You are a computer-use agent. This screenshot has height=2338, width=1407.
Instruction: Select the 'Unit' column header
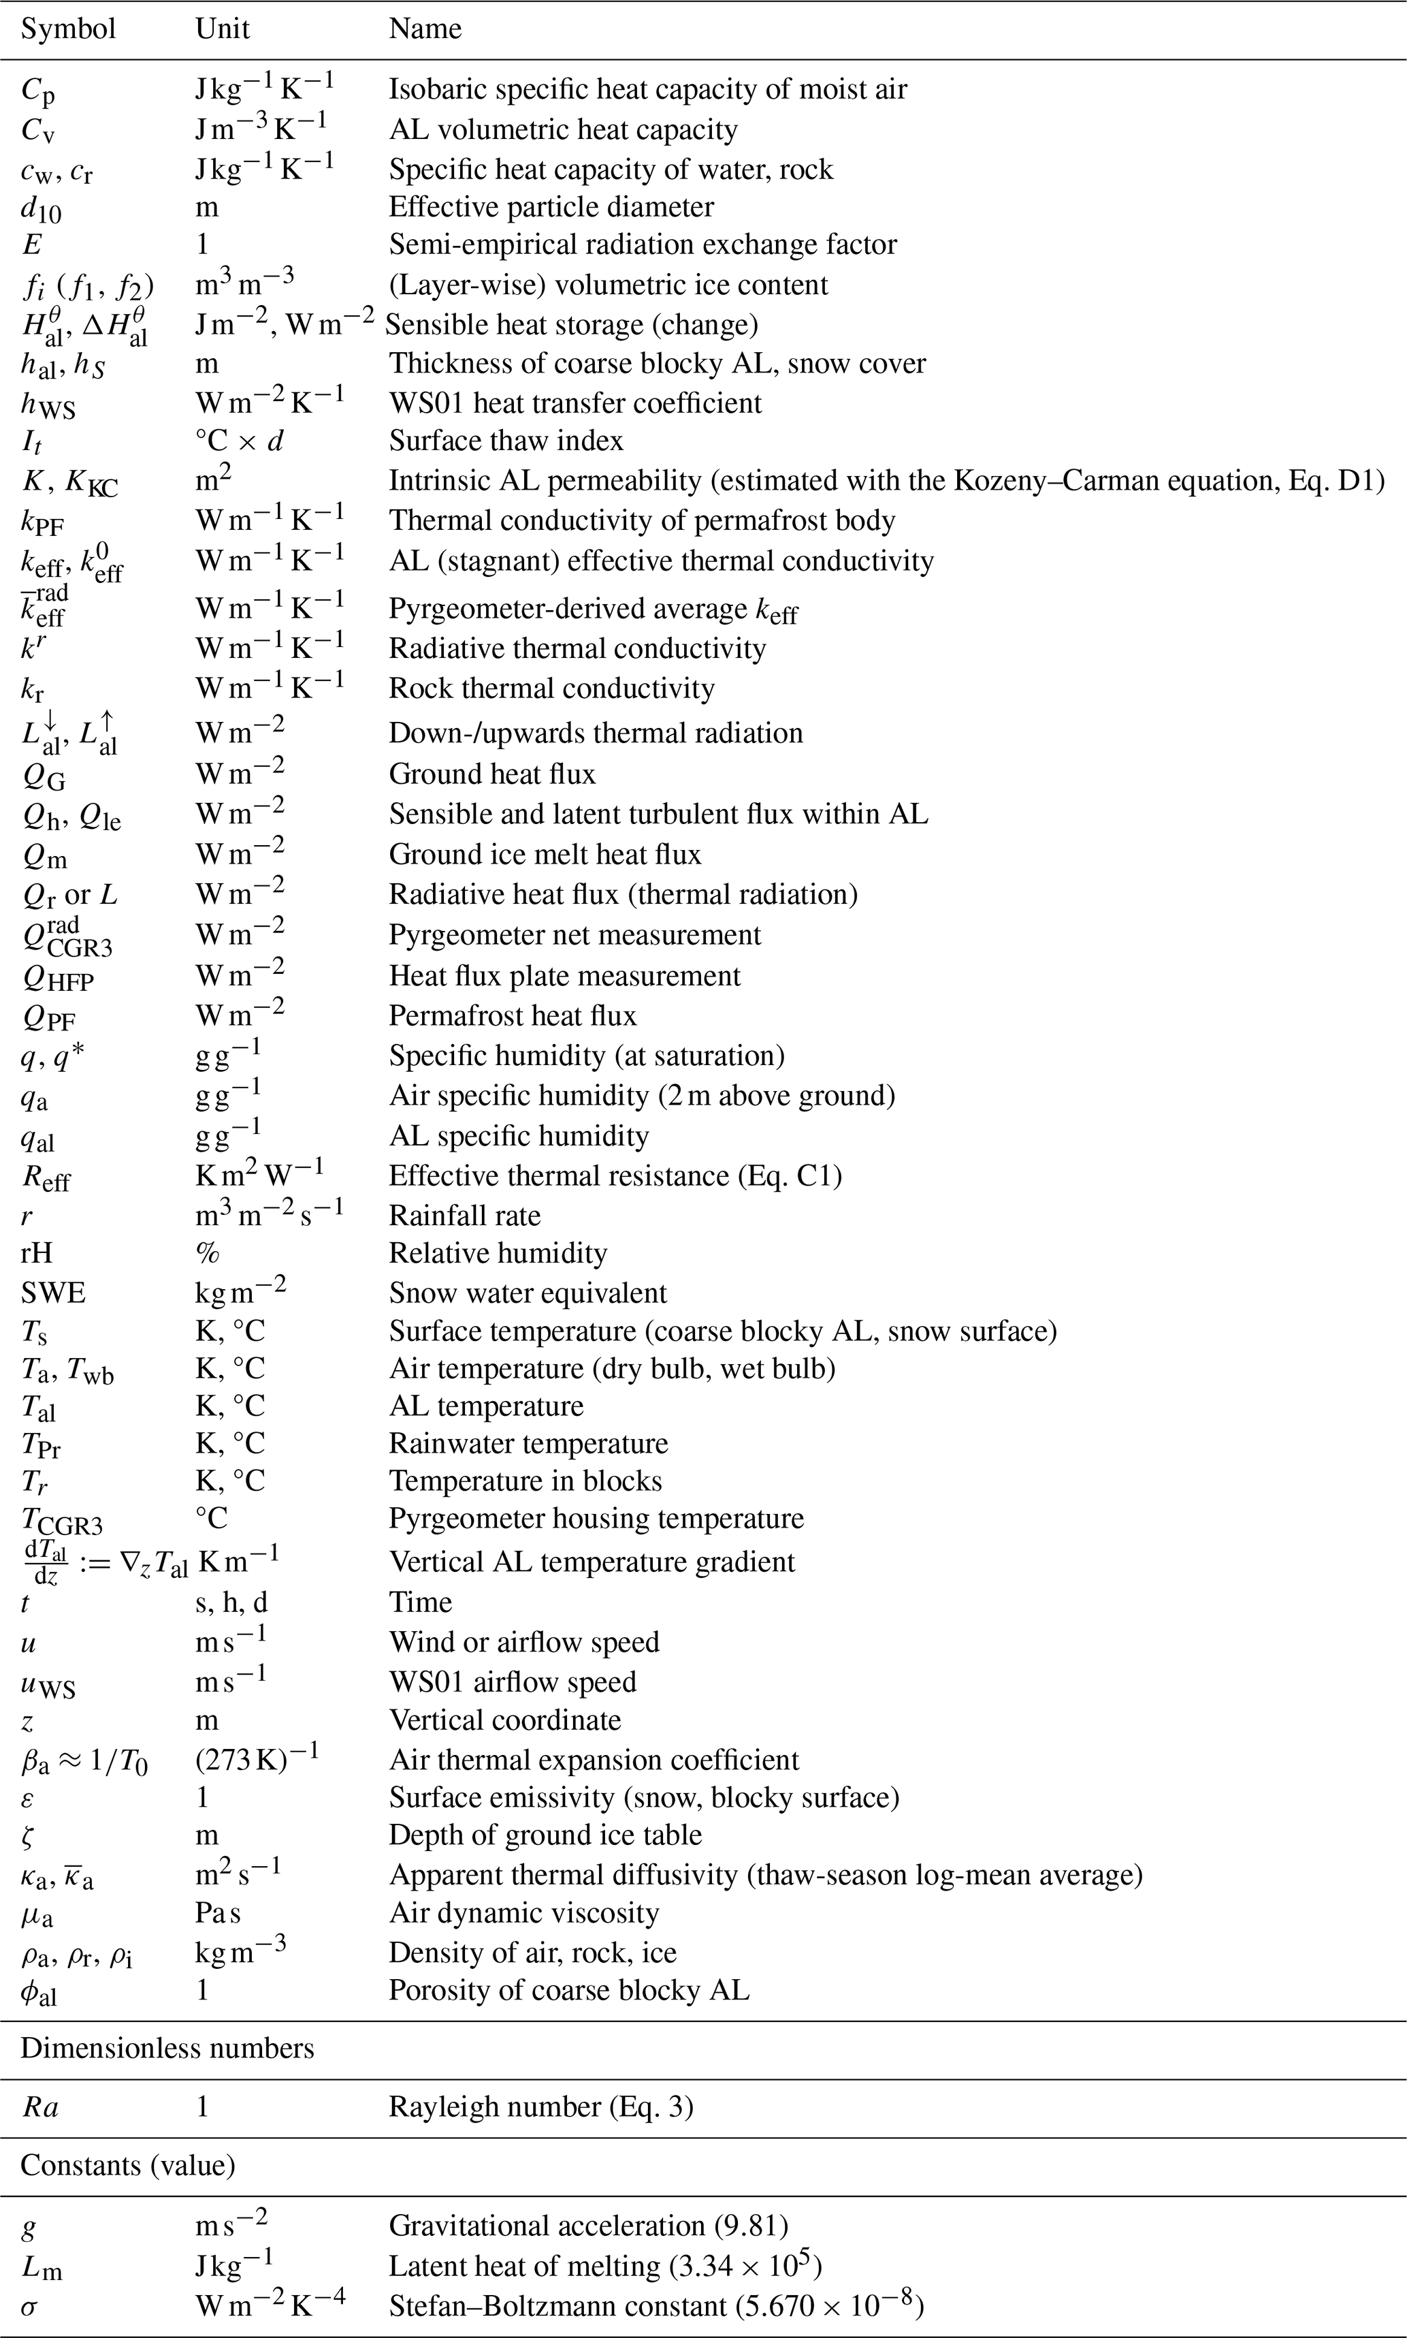pyautogui.click(x=222, y=29)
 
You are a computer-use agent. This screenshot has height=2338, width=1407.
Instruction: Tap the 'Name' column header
pyautogui.click(x=425, y=29)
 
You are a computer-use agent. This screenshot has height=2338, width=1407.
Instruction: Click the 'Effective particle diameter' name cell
pyautogui.click(x=551, y=207)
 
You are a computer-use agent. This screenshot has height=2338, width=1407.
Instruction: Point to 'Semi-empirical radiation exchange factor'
pyautogui.click(x=642, y=244)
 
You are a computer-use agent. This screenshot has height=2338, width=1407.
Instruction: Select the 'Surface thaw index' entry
pyautogui.click(x=505, y=441)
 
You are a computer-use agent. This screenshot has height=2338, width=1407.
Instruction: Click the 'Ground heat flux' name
pyautogui.click(x=492, y=774)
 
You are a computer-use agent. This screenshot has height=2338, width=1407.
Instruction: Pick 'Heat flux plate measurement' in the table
pyautogui.click(x=564, y=976)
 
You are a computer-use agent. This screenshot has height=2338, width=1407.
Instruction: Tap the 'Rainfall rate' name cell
pyautogui.click(x=464, y=1216)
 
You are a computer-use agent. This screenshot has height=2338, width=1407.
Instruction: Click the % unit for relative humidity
pyautogui.click(x=208, y=1254)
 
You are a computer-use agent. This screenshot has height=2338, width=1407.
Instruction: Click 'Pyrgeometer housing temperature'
pyautogui.click(x=596, y=1519)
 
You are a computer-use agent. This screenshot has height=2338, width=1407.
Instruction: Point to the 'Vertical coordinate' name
pyautogui.click(x=504, y=1720)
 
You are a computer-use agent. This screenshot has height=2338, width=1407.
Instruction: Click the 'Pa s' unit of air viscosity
pyautogui.click(x=217, y=1914)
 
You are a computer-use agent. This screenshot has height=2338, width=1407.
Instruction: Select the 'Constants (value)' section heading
pyautogui.click(x=128, y=2166)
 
